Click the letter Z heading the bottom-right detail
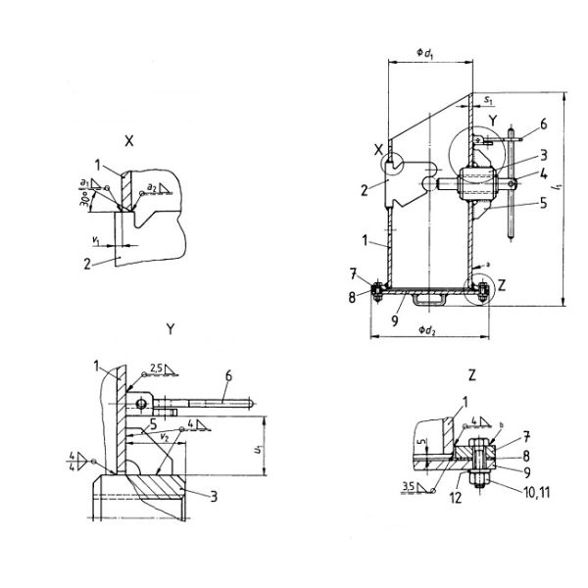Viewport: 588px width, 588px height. [471, 375]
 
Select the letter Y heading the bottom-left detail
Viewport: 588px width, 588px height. [170, 330]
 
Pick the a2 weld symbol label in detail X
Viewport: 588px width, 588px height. [151, 184]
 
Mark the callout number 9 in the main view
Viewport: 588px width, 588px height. [389, 318]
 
